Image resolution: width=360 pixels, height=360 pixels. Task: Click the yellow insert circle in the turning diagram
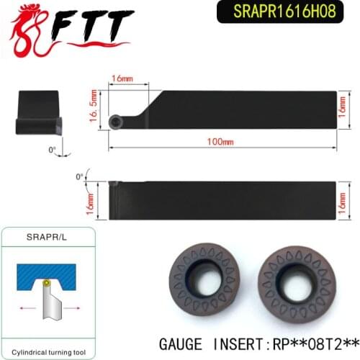click(46, 284)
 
